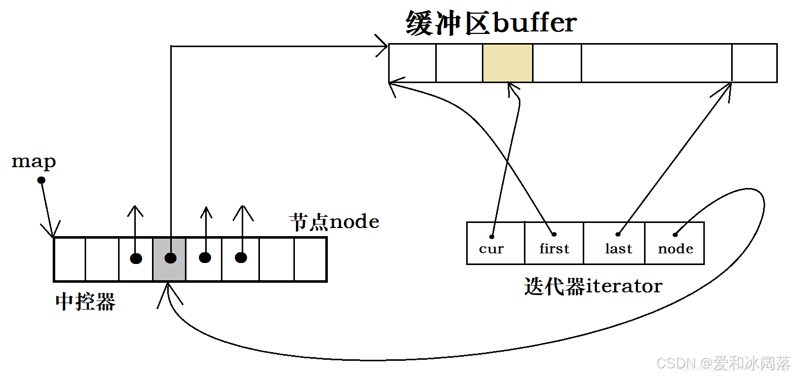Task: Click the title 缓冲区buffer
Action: [x=490, y=23]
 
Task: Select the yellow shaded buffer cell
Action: [x=507, y=63]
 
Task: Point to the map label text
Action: [x=33, y=162]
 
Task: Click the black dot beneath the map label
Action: [x=42, y=180]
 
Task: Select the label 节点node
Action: [x=334, y=222]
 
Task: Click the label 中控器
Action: [x=85, y=302]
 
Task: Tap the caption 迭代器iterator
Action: [x=593, y=286]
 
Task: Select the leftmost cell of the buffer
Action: [x=412, y=63]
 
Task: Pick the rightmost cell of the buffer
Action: [x=754, y=63]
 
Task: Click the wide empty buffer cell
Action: [x=656, y=63]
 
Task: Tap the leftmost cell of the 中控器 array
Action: [x=70, y=259]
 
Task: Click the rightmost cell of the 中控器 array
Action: [x=309, y=259]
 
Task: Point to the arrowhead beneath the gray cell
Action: [x=169, y=294]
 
